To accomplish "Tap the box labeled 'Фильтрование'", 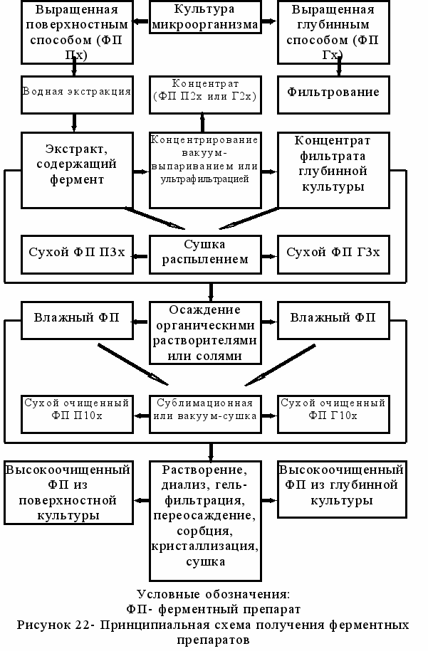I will (x=333, y=92).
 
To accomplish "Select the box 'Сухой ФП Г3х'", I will (x=333, y=253).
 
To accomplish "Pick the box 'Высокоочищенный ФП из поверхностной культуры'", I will (x=68, y=492).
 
